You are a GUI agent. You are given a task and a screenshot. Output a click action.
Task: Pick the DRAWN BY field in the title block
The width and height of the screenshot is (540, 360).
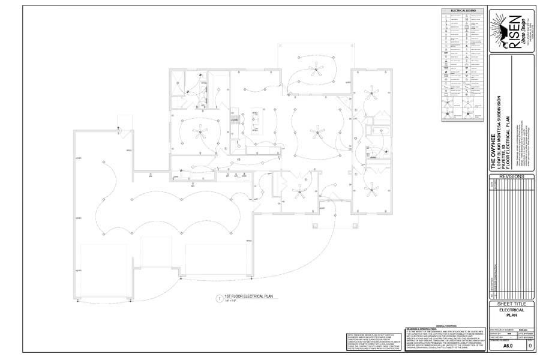click(497, 332)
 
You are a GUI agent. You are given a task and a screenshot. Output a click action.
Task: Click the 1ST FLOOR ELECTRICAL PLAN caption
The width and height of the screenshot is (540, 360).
click(248, 296)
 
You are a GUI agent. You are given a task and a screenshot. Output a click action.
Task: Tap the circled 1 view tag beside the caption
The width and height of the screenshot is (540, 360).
click(218, 298)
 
